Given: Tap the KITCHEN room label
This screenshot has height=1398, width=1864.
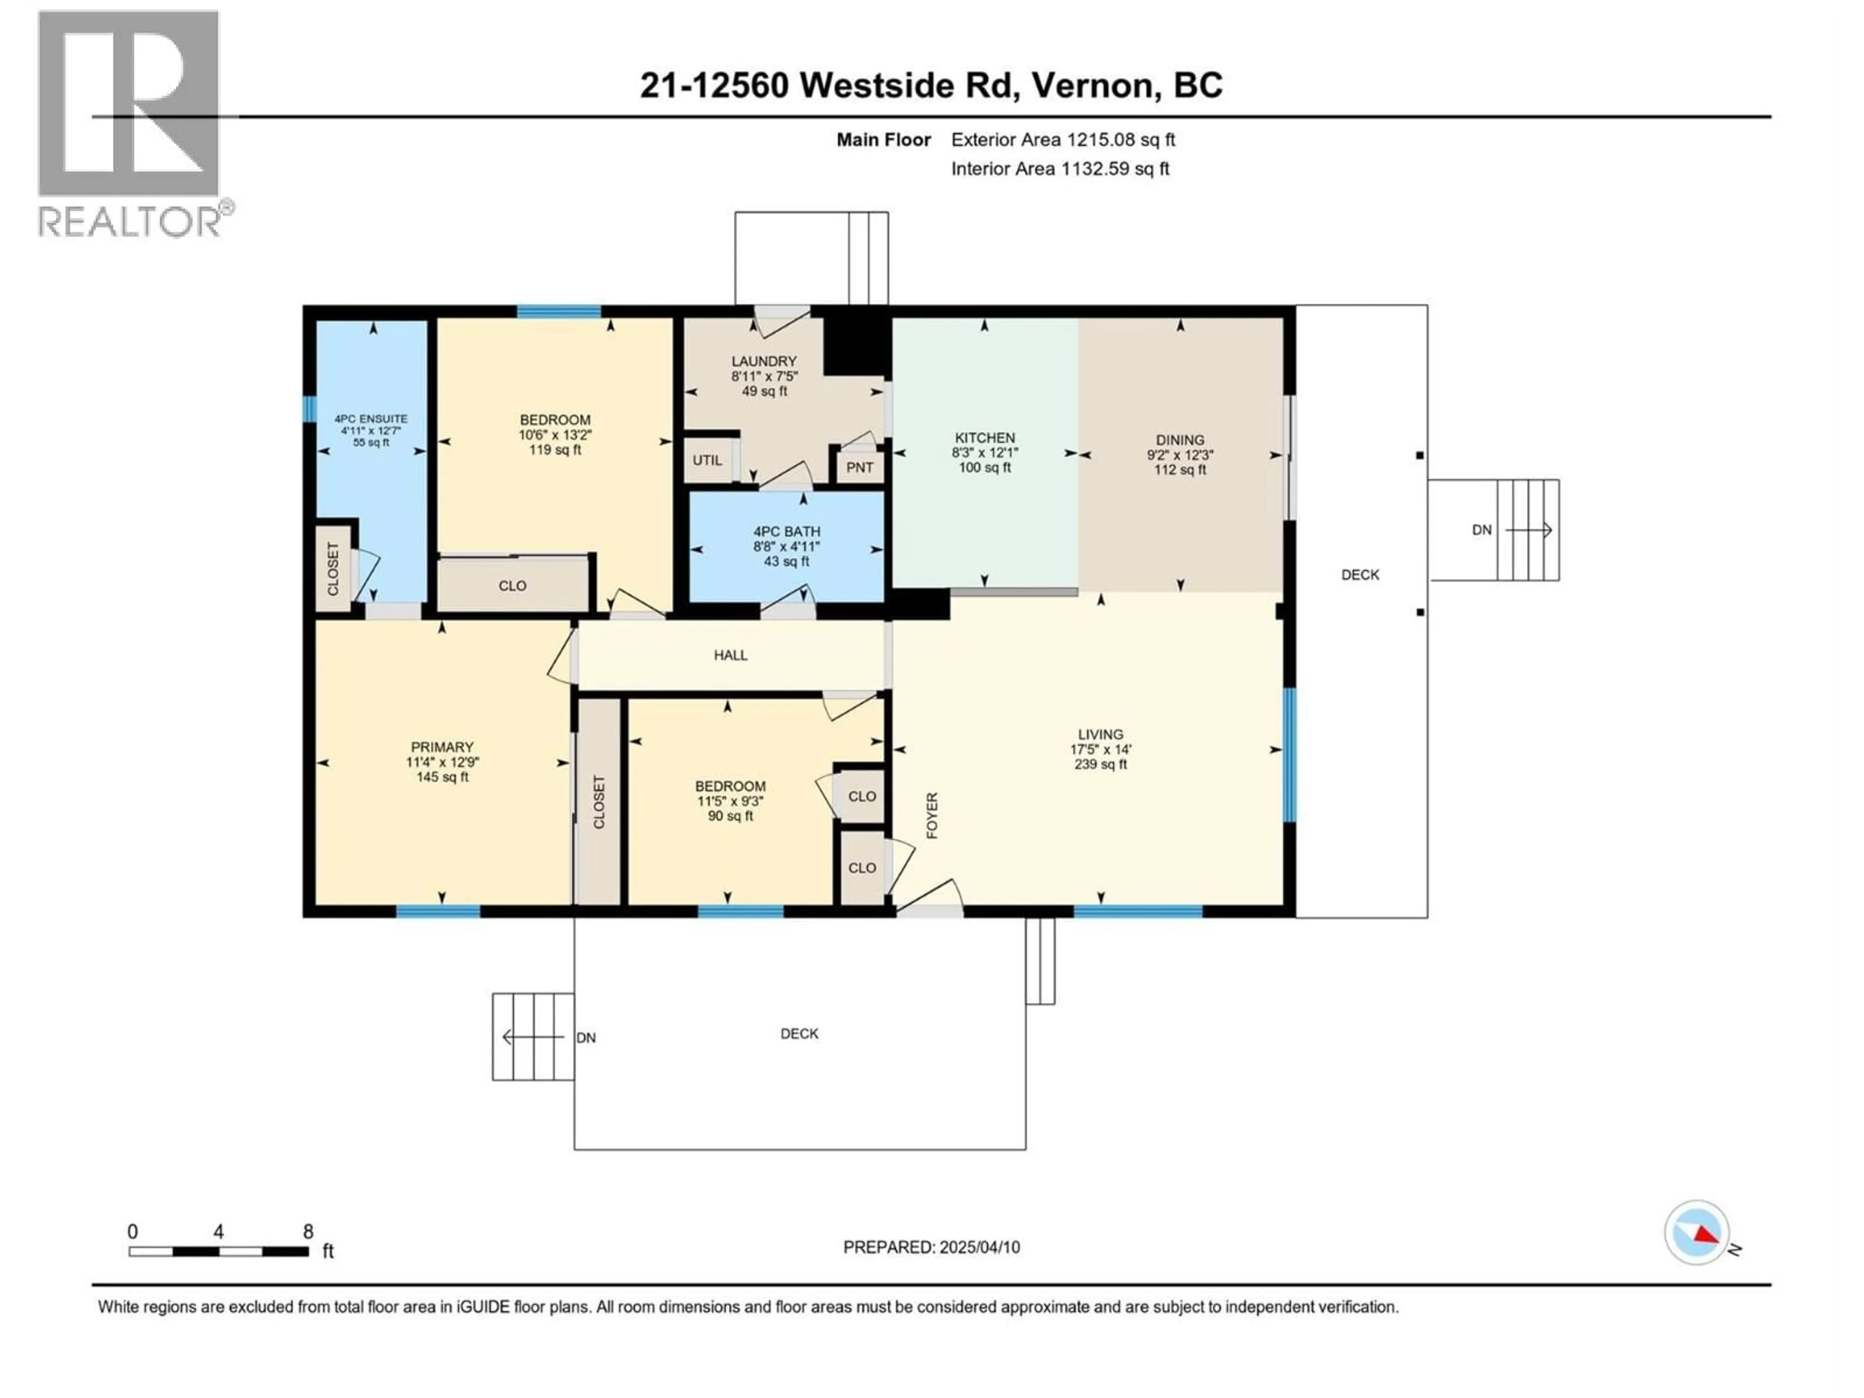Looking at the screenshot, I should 984,437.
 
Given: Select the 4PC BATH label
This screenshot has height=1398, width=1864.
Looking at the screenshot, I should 786,532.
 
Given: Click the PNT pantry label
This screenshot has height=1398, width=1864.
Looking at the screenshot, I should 860,467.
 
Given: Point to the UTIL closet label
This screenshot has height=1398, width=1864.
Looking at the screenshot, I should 707,460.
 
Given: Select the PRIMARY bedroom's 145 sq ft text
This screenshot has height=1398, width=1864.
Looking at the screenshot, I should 442,777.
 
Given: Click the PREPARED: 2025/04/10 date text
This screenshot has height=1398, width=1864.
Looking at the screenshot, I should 931,1247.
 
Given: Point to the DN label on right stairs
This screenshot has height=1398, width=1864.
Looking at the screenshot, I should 1481,530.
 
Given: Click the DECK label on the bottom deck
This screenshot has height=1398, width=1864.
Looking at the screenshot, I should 799,1033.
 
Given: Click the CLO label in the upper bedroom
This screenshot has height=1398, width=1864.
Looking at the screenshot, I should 512,586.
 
